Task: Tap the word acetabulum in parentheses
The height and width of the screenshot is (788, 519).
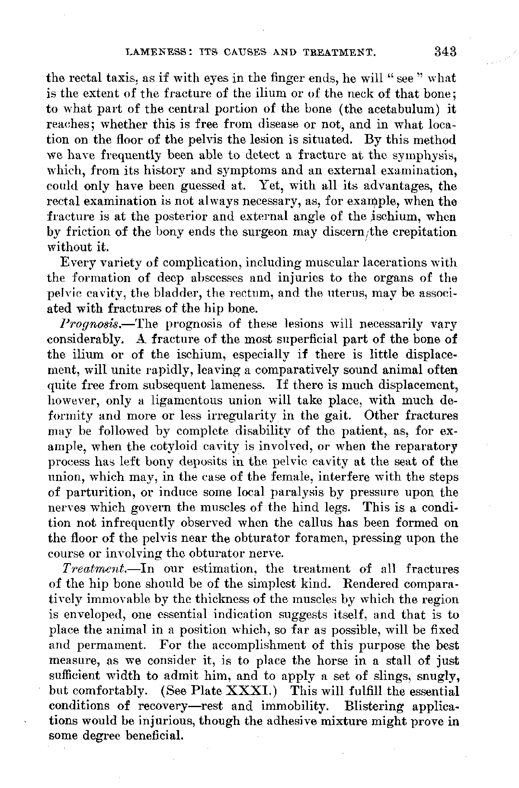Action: pyautogui.click(x=393, y=109)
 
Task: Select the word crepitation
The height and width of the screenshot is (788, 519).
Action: pyautogui.click(x=419, y=232)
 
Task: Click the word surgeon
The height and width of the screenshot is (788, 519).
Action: pyautogui.click(x=265, y=232)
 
